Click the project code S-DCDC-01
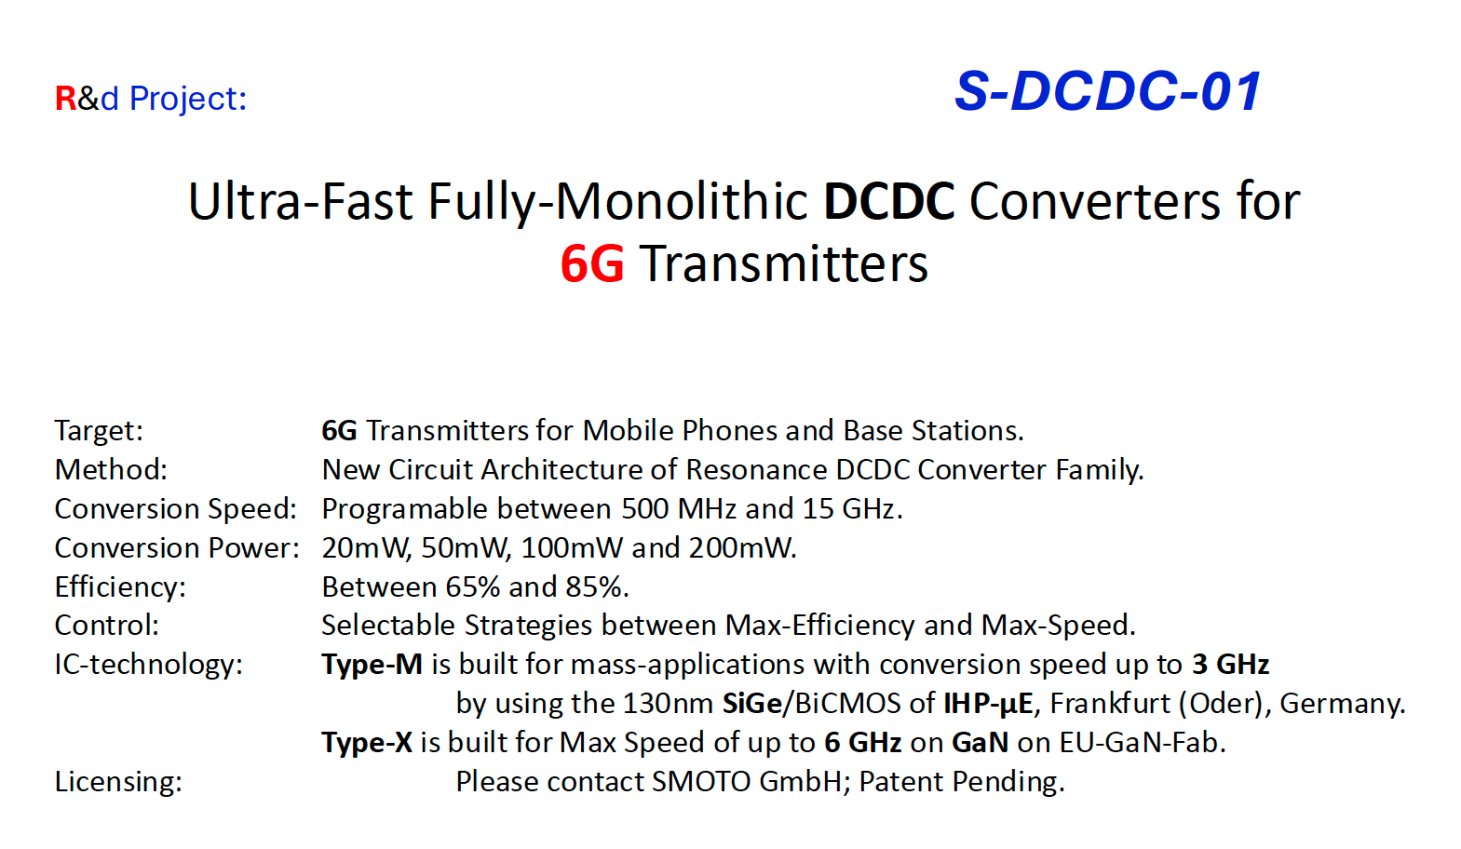[x=1107, y=91]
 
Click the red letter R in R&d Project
[x=66, y=99]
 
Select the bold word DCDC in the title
[x=889, y=201]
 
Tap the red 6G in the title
[x=592, y=264]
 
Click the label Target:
[x=99, y=430]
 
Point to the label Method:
[x=111, y=469]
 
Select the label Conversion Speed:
[x=176, y=508]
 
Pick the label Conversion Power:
[x=178, y=547]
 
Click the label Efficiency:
[x=121, y=586]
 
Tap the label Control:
[x=107, y=626]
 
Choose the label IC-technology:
[x=149, y=665]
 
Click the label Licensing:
[x=118, y=781]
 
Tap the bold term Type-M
[x=372, y=665]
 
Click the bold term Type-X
[x=367, y=742]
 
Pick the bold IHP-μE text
[x=988, y=704]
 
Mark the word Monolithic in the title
[x=682, y=201]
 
